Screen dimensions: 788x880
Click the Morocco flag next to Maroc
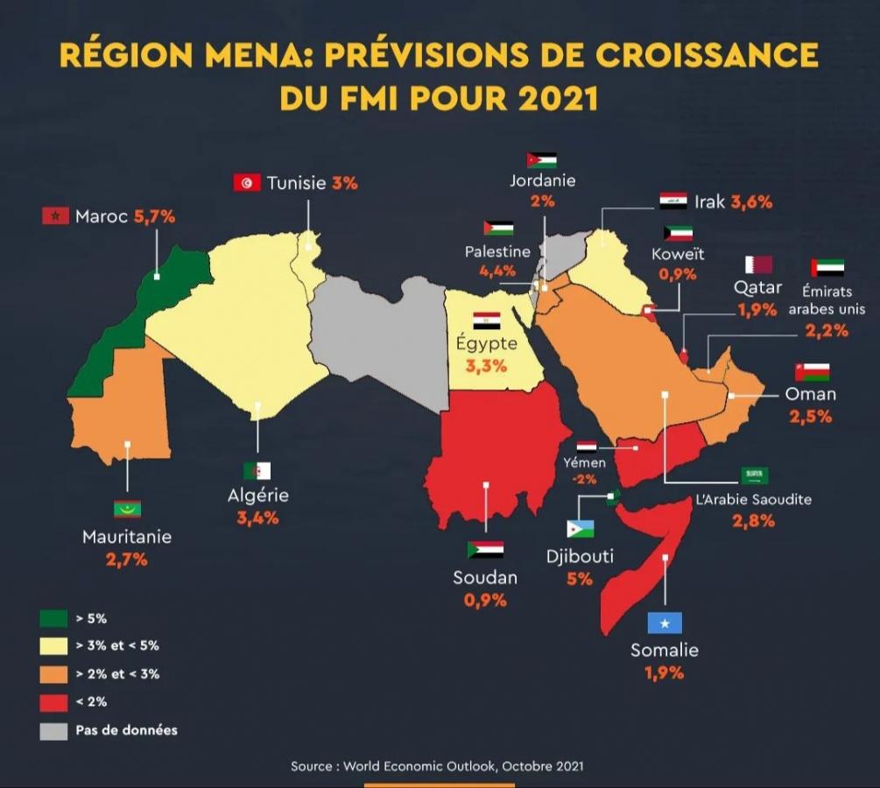point(55,215)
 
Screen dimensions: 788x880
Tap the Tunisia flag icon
point(247,182)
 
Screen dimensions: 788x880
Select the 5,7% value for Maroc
point(154,216)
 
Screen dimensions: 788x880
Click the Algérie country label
point(257,496)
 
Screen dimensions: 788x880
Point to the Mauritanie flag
point(127,510)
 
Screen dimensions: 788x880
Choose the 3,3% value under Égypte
point(486,366)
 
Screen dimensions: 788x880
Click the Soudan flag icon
point(485,550)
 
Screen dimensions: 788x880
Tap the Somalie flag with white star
point(665,623)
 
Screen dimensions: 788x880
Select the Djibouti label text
point(580,556)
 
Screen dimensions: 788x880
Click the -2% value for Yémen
point(585,479)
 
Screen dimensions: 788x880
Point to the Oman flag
point(812,372)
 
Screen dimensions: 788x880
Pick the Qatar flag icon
point(758,264)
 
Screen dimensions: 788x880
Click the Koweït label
point(678,255)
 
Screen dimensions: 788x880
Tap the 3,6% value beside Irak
point(751,202)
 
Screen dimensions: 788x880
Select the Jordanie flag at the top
point(542,160)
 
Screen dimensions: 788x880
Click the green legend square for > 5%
point(53,618)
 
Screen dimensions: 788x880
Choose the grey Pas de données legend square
point(53,729)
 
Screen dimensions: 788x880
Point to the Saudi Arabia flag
point(754,475)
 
